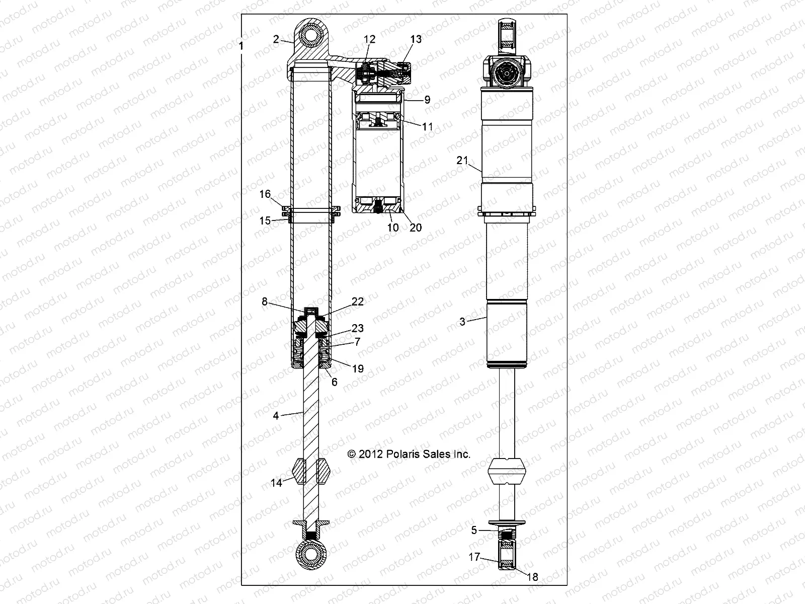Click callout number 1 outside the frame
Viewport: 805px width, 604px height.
[x=242, y=46]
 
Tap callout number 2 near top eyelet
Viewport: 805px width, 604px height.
[x=276, y=40]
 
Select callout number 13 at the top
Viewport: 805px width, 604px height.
[x=416, y=39]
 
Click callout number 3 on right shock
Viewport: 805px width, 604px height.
[x=462, y=322]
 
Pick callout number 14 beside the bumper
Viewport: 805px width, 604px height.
[x=276, y=483]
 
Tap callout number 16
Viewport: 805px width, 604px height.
[x=265, y=194]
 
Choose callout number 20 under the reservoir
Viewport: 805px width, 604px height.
[x=416, y=228]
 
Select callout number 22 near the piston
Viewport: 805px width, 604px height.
[x=358, y=301]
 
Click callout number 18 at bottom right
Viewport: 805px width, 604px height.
[x=532, y=577]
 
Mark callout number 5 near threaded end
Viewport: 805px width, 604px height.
[x=473, y=530]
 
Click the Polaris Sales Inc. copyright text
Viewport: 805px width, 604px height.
[x=409, y=454]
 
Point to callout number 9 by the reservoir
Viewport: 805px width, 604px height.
[x=427, y=100]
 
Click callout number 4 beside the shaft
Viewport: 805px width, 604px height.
[x=276, y=416]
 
